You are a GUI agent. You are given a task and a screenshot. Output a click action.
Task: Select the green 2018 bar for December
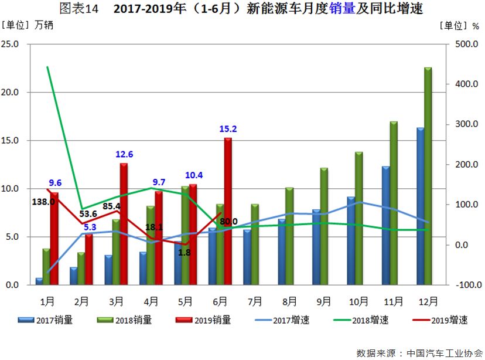click(x=428, y=176)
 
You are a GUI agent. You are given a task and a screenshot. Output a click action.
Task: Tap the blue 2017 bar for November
click(x=385, y=226)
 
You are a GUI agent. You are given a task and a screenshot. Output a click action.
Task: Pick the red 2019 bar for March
click(x=124, y=224)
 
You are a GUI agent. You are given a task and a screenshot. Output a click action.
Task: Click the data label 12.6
click(x=124, y=154)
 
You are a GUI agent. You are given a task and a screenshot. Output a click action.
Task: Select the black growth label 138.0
click(x=43, y=201)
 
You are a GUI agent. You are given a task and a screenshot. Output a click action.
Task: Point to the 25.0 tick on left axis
click(x=11, y=44)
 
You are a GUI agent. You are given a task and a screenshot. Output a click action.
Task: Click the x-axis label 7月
click(x=255, y=301)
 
